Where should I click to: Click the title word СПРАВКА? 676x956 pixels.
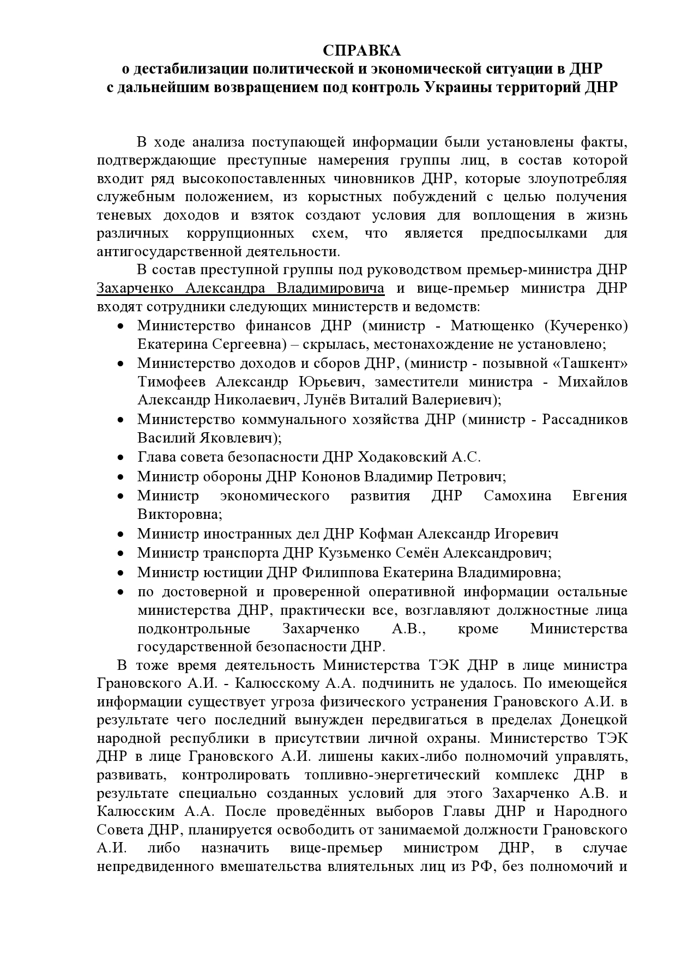click(x=361, y=51)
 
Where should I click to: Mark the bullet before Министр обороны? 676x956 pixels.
click(x=122, y=477)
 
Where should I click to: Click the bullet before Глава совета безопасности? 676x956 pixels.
click(x=122, y=457)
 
